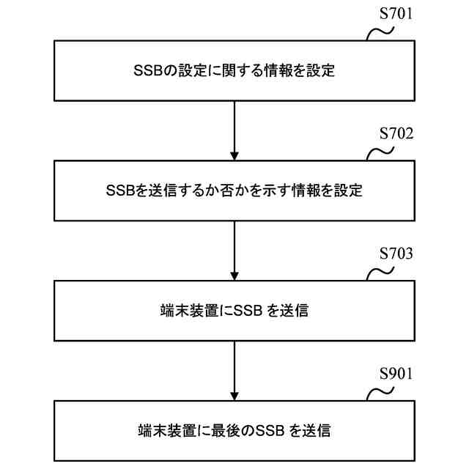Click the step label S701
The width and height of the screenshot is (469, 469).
tap(396, 14)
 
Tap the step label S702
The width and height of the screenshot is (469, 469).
tap(396, 134)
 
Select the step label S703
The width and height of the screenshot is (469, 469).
tap(396, 254)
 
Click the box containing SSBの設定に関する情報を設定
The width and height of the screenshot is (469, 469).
tap(234, 70)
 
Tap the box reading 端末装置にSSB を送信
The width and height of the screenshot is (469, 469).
tap(234, 311)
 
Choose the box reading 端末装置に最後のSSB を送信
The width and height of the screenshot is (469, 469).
tap(234, 430)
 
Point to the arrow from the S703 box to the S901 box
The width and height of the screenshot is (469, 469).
tap(234, 370)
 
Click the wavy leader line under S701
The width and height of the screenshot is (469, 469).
tap(380, 32)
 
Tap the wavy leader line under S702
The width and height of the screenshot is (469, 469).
tap(380, 152)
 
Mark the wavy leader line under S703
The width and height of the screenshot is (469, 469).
tap(380, 273)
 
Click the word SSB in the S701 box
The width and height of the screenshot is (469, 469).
tap(147, 71)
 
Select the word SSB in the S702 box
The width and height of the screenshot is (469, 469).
tap(119, 191)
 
